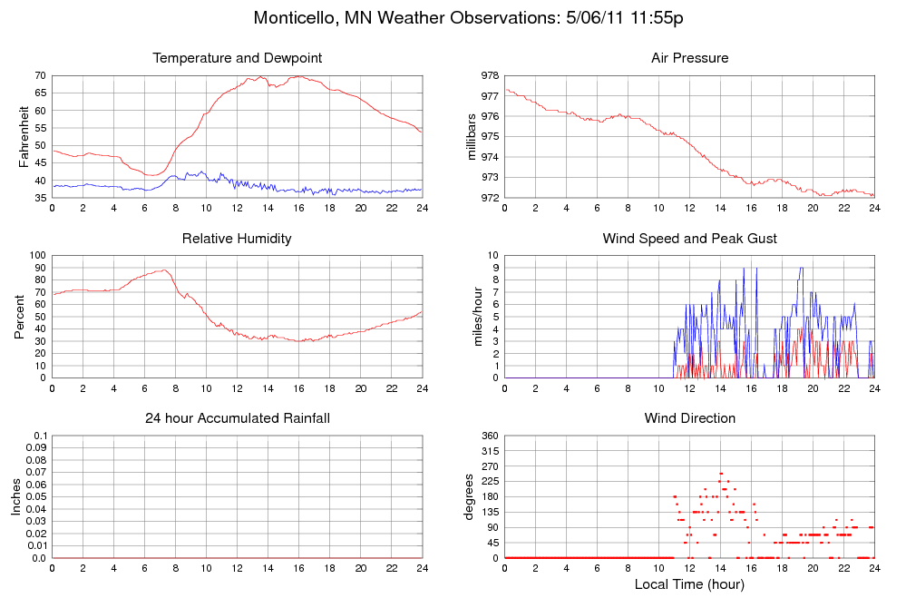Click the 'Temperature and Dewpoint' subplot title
click(x=238, y=58)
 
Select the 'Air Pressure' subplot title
click(x=689, y=58)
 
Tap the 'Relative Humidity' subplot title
click(x=238, y=239)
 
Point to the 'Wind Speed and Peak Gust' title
click(x=689, y=239)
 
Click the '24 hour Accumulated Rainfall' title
click(x=238, y=418)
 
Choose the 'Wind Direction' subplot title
click(x=689, y=418)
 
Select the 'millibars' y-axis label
click(x=472, y=137)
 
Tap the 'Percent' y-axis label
click(x=20, y=317)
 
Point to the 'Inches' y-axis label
click(x=16, y=496)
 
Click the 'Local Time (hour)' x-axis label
click(x=689, y=584)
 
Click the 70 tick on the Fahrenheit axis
click(x=40, y=75)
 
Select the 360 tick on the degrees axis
click(x=490, y=436)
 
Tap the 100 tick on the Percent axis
click(x=37, y=256)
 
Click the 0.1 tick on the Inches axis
click(x=40, y=436)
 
